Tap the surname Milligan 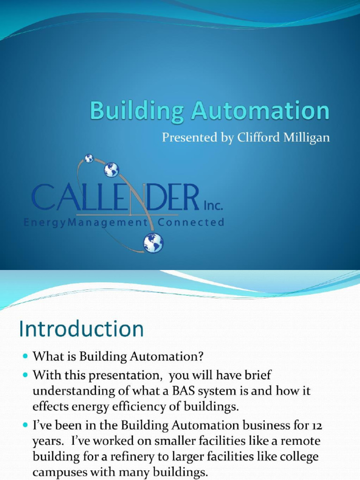click(307, 138)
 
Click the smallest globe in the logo click(89, 158)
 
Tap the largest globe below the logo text click(153, 243)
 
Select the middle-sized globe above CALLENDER click(111, 169)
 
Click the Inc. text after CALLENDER click(213, 205)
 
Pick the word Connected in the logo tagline click(191, 223)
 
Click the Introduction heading click(81, 330)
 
